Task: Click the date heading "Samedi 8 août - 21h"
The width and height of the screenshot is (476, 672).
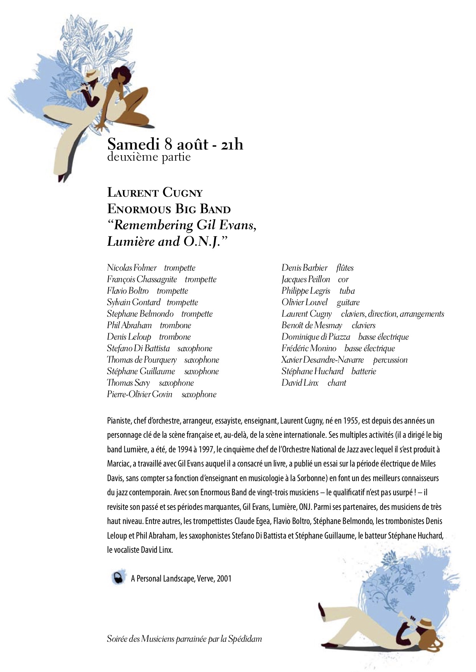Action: point(175,144)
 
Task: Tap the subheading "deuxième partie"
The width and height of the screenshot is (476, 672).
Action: point(149,157)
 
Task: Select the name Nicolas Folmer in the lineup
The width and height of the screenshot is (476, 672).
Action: point(132,268)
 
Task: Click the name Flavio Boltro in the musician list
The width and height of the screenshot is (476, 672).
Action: point(127,291)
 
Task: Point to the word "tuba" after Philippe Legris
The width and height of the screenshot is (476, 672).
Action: point(347,291)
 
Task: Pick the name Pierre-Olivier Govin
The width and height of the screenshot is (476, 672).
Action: point(139,394)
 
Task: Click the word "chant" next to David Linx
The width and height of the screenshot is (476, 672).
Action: point(337,383)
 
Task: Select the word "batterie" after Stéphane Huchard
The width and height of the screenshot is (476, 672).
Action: point(364,371)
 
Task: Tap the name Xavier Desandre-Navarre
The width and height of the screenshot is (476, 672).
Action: point(322,360)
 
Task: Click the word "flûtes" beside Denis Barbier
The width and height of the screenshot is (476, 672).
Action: point(345,268)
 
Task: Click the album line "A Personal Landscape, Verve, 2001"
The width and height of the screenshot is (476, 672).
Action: point(181,578)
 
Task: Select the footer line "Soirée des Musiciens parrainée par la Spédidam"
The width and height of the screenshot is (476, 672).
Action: point(184,639)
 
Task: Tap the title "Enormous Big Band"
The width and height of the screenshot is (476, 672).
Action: point(169,209)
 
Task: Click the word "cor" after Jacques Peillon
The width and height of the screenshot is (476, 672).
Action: point(343,279)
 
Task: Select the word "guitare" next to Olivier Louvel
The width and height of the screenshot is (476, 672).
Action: point(348,302)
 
